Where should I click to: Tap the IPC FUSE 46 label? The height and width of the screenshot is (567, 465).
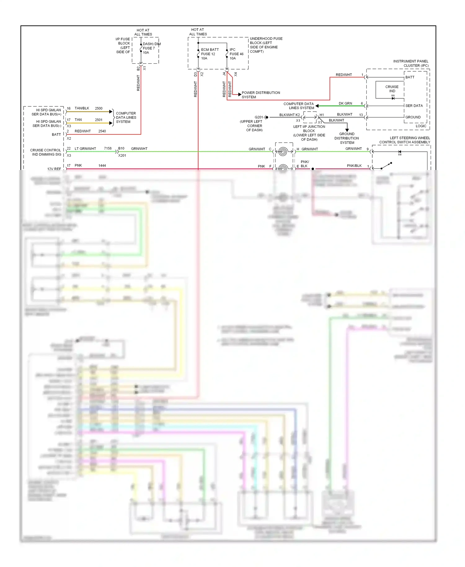(x=236, y=54)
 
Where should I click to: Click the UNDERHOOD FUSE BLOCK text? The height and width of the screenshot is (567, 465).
(x=266, y=45)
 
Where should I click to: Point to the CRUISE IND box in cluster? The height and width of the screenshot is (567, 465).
(x=392, y=89)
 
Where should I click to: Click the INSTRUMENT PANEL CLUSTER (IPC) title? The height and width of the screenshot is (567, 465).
(x=411, y=63)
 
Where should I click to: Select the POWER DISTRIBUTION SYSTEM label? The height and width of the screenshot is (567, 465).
(x=260, y=95)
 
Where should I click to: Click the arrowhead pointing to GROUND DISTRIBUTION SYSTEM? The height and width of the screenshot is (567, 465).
(x=347, y=130)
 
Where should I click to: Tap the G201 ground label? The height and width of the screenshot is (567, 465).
(x=259, y=117)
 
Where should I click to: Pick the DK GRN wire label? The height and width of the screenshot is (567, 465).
(x=345, y=104)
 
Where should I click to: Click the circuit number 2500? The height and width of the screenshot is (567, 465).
(x=99, y=109)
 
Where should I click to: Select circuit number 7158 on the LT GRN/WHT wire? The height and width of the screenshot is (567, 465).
(x=108, y=149)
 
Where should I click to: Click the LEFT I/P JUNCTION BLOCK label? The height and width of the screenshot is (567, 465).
(x=309, y=133)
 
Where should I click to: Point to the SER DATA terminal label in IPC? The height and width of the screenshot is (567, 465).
(x=414, y=106)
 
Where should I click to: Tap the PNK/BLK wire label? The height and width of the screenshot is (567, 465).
(x=354, y=166)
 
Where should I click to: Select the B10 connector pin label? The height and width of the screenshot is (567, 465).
(x=121, y=149)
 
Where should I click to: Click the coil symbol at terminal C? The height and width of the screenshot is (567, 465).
(x=283, y=152)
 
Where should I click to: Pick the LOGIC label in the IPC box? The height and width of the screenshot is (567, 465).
(x=421, y=126)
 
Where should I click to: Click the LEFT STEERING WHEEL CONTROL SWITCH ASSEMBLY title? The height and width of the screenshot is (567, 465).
(x=405, y=140)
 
